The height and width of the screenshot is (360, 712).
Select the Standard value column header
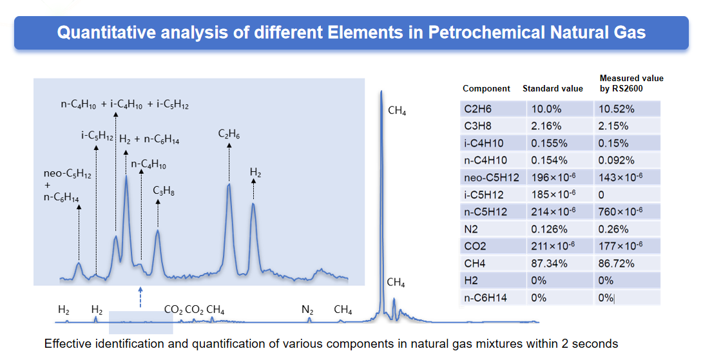pos(553,88)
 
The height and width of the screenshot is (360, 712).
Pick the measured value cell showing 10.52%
pos(616,109)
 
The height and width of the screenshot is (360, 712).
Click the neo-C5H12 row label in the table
pos(492,178)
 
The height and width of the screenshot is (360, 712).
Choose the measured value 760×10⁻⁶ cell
pos(621,211)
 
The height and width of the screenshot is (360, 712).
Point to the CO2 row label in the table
pos(475,246)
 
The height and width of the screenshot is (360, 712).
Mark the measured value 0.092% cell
pos(616,160)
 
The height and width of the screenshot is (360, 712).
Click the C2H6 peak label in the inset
pos(229,135)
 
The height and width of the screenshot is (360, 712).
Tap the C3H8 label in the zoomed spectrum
pos(164,191)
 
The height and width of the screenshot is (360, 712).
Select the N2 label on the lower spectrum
pos(307,310)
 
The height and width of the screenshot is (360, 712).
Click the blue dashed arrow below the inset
pos(140,298)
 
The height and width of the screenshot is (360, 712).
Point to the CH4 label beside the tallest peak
pos(397,111)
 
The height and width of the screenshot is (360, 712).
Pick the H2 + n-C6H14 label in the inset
pos(149,139)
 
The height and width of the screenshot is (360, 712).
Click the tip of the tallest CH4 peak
pos(381,91)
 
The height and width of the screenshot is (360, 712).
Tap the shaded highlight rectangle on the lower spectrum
pos(140,323)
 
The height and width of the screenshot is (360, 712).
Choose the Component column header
pos(486,89)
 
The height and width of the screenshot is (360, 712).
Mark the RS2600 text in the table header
pos(627,88)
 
